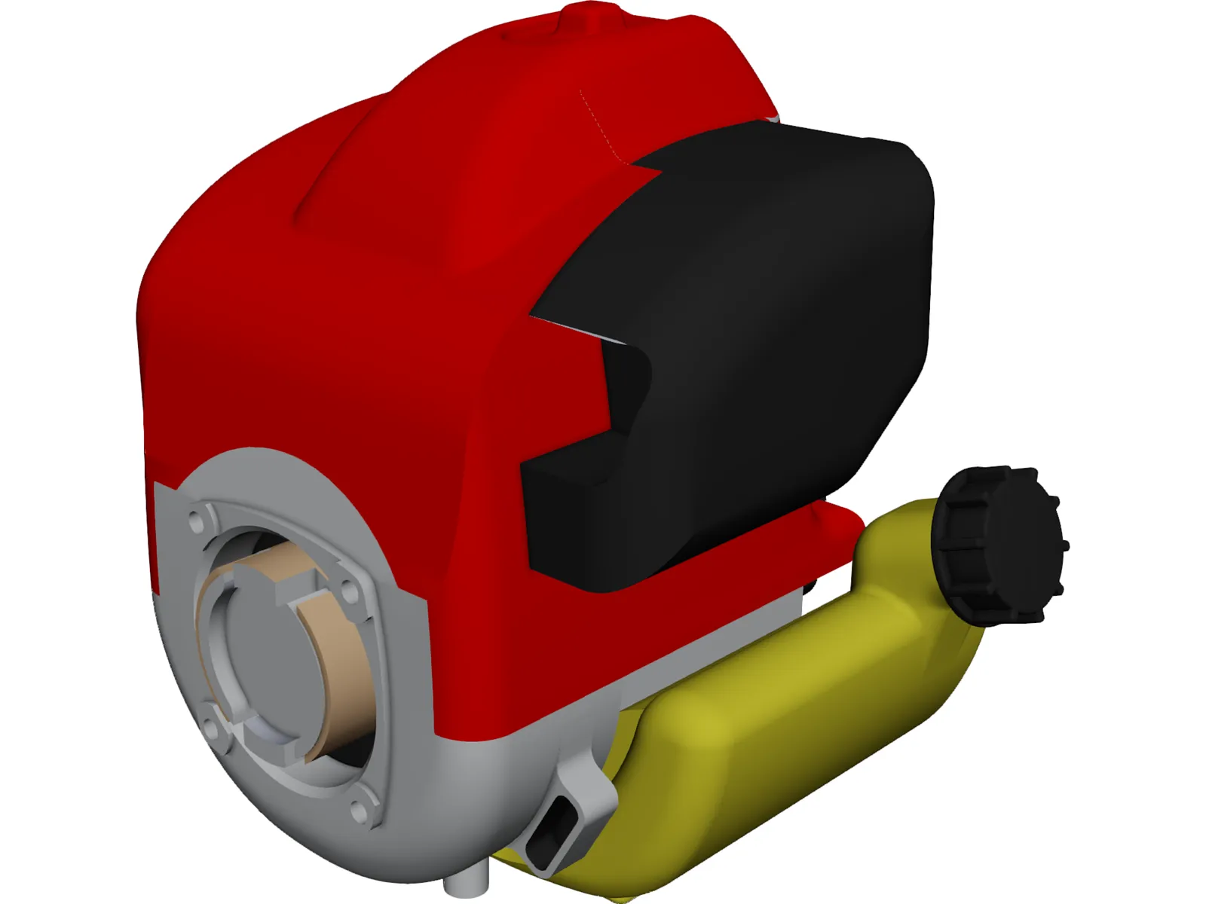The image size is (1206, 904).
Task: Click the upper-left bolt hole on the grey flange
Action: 197,520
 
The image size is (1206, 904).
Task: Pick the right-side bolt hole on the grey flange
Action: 349,594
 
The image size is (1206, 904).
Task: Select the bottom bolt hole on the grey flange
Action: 357,811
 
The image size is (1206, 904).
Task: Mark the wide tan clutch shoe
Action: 343,663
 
